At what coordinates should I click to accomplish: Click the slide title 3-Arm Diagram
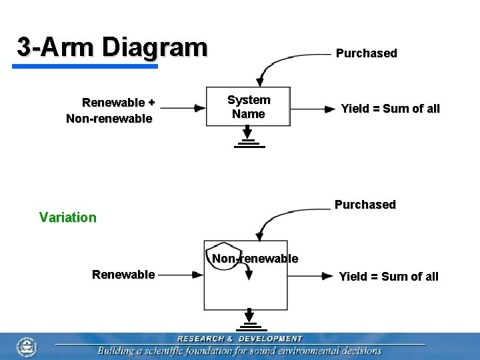click(112, 47)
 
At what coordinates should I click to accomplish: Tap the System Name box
click(248, 107)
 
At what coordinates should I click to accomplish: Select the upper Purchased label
click(366, 53)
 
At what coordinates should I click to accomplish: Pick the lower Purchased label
click(365, 205)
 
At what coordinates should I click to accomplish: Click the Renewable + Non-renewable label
click(110, 111)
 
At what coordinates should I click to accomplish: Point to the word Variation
click(67, 217)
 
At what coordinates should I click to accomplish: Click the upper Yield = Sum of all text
click(390, 109)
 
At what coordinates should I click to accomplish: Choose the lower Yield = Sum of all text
click(389, 277)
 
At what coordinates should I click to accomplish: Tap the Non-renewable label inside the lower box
click(255, 259)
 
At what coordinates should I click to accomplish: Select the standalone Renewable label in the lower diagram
click(123, 275)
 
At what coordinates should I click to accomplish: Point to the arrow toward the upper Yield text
click(313, 107)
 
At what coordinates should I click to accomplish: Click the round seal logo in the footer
click(27, 347)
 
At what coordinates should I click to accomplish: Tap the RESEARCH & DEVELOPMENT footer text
click(239, 339)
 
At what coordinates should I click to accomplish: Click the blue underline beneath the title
click(85, 66)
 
